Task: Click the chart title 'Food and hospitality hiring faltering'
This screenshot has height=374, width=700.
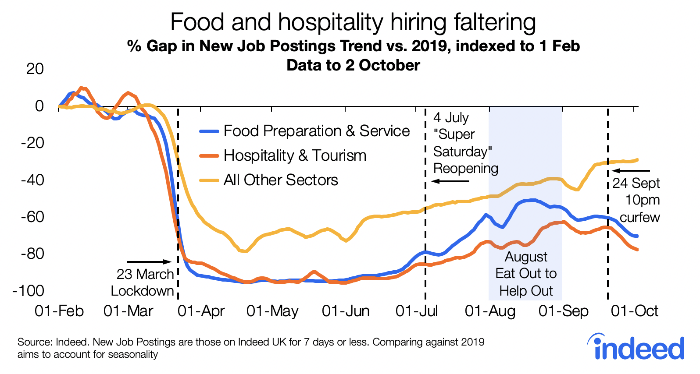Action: (x=353, y=22)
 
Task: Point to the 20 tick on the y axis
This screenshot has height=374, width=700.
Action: (x=35, y=69)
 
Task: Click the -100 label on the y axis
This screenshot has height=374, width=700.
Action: (x=29, y=291)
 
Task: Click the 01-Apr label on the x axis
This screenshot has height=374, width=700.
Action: (x=201, y=311)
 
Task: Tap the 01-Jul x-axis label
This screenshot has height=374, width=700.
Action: (x=417, y=311)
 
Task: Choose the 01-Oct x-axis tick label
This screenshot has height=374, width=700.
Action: (x=635, y=311)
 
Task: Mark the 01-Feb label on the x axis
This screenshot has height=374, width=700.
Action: (x=59, y=311)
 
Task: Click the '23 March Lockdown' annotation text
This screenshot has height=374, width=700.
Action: (x=143, y=282)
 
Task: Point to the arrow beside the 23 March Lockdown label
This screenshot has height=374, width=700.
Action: (x=149, y=262)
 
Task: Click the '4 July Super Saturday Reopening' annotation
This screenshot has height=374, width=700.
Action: (x=465, y=143)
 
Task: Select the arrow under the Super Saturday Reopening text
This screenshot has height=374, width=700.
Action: (x=450, y=181)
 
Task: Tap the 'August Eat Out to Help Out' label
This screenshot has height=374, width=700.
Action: (x=526, y=274)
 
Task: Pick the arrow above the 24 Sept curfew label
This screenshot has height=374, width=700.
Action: (x=631, y=171)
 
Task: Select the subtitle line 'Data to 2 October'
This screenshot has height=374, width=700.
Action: (x=353, y=65)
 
